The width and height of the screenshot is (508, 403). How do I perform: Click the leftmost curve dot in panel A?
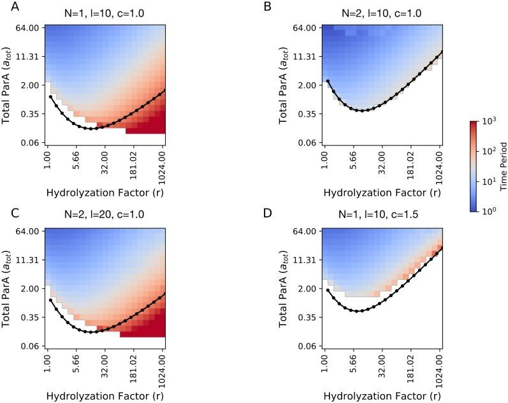coord(50,97)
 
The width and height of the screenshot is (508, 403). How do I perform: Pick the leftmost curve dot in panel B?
coord(328,81)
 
